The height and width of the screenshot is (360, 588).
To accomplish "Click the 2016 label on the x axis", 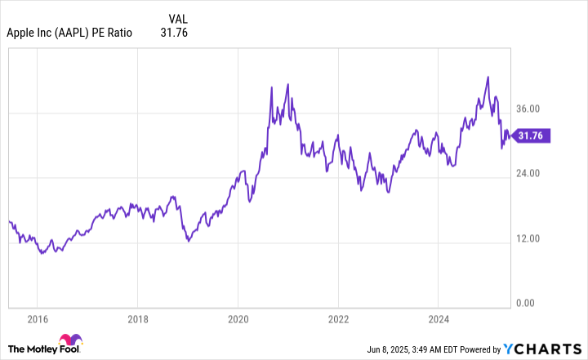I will [38, 318].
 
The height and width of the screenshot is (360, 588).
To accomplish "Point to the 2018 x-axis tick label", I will [138, 318].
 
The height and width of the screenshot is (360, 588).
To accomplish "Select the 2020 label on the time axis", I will [238, 318].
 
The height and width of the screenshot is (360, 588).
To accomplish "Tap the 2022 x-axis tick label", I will [339, 318].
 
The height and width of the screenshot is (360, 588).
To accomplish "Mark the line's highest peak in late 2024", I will [488, 78].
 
